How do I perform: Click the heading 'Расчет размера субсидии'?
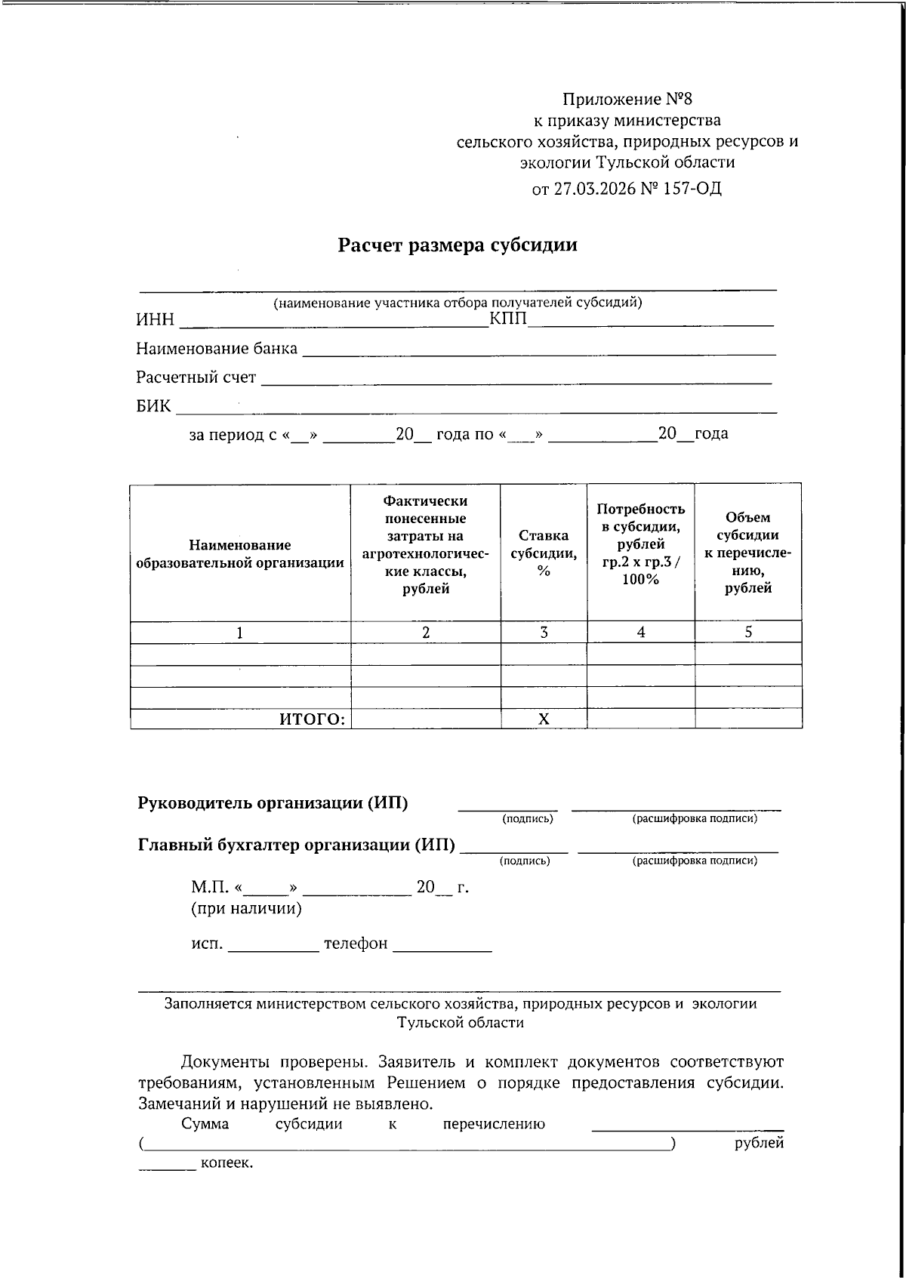[457, 245]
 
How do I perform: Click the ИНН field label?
[155, 320]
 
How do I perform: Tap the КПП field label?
[508, 319]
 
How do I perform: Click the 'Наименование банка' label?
[217, 349]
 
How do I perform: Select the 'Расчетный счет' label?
[196, 377]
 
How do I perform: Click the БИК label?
[153, 406]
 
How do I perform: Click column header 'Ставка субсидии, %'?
[544, 553]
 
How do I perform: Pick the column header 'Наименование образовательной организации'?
[239, 554]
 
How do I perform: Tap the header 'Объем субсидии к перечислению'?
[747, 553]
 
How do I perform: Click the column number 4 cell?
[640, 633]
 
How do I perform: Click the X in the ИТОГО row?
[544, 719]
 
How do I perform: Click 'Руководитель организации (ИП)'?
[273, 803]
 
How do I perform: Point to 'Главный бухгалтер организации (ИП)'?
[297, 845]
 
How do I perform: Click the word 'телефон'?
[356, 944]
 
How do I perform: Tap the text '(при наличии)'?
[246, 909]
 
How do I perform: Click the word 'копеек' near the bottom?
[226, 1163]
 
